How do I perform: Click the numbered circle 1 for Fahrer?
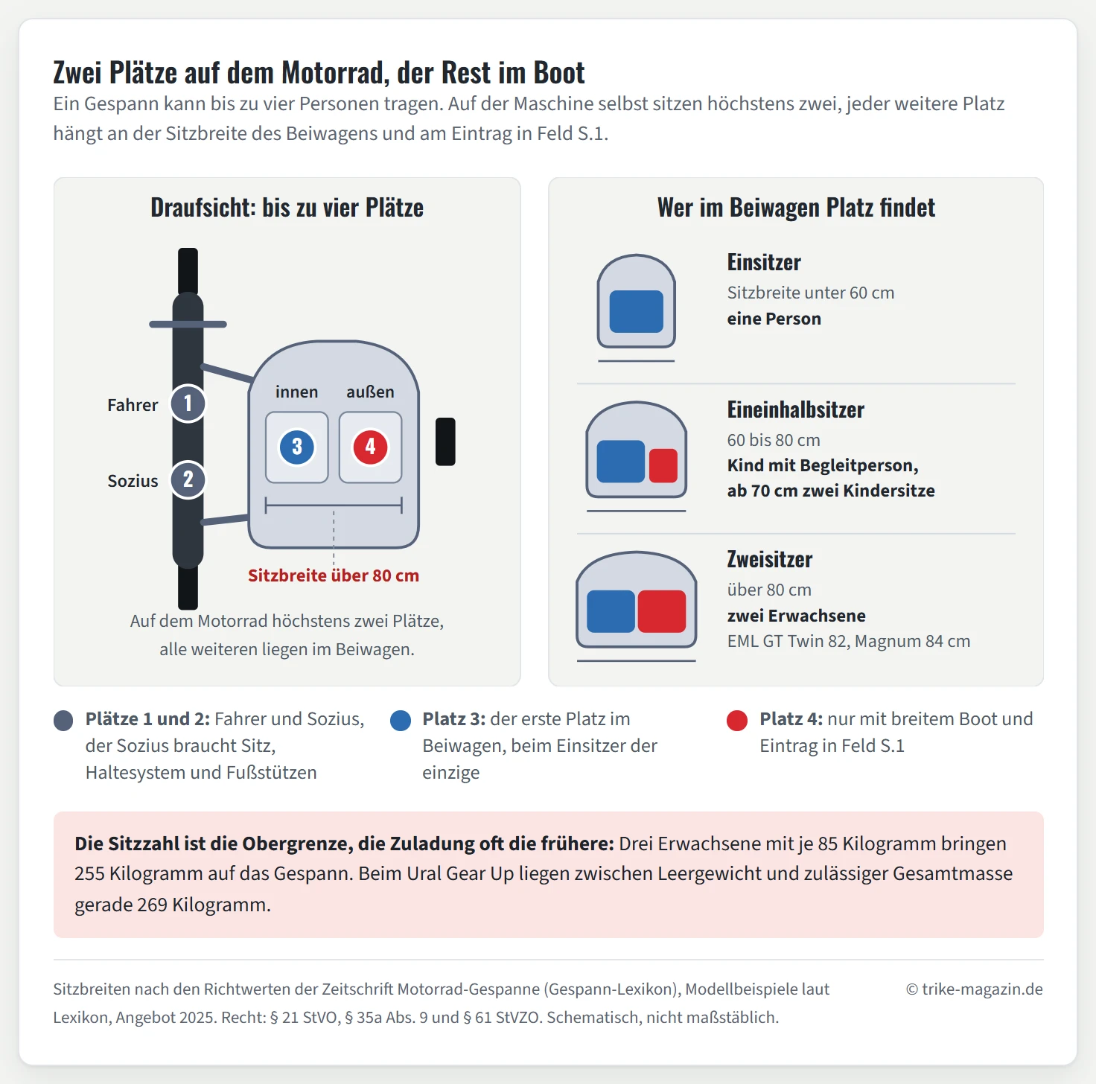point(188,404)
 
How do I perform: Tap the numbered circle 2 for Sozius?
point(188,479)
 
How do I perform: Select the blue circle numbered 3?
point(296,447)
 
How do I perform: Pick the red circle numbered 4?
point(370,447)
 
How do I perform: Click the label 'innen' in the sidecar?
point(296,392)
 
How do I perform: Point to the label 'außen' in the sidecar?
point(370,392)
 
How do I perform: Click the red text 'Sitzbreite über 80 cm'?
point(334,576)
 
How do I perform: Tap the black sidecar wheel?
point(445,442)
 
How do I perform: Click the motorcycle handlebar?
point(188,324)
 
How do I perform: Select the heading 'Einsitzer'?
point(764,262)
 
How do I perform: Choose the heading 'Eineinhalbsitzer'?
point(796,409)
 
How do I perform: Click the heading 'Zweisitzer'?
point(770,560)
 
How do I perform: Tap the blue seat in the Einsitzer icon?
point(636,312)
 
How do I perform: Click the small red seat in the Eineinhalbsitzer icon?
point(663,465)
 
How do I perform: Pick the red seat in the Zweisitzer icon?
point(661,611)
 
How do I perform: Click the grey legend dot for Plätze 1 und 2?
point(63,721)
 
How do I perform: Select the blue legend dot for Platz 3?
point(401,721)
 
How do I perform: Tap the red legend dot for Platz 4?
point(737,721)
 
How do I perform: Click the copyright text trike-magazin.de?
point(975,989)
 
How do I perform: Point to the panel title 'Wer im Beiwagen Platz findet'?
point(796,208)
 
